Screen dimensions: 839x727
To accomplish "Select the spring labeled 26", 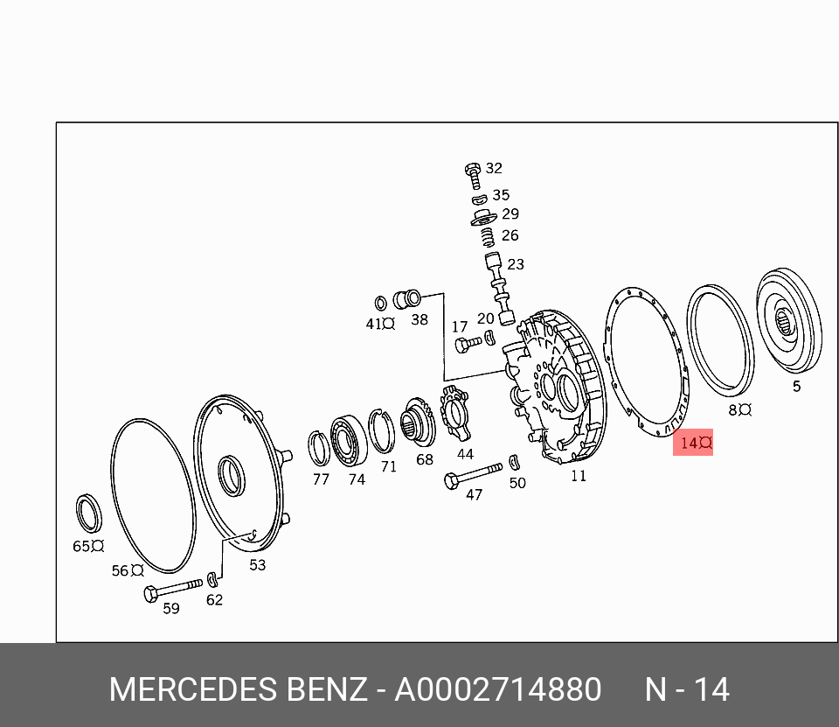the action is coord(487,237).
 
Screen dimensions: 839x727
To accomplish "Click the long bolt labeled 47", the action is coord(473,475).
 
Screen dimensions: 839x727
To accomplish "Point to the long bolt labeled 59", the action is coord(173,589).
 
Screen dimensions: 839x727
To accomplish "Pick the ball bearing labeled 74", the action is coord(348,440).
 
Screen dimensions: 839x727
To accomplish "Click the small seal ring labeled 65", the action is coord(89,514).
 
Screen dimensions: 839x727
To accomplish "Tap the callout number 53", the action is coord(257,564).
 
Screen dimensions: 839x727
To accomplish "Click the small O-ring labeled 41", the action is coord(380,304).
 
